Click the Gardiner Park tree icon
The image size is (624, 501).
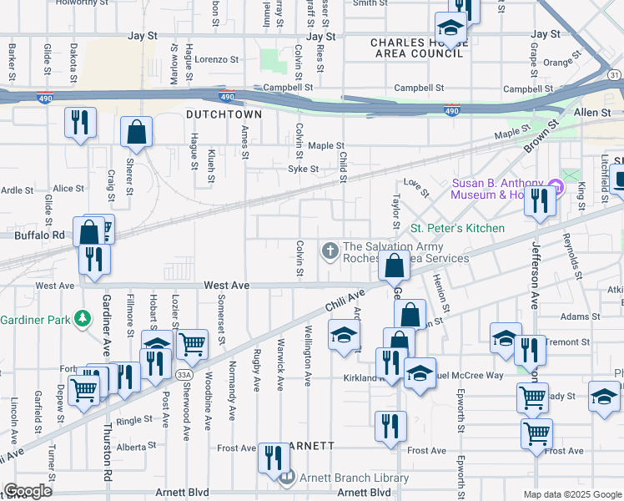point(82,318)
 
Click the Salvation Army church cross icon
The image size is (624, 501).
point(330,250)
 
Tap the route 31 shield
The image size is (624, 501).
point(614,74)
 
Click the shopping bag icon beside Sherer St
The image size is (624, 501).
point(136,133)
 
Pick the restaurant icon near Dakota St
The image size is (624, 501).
point(81,123)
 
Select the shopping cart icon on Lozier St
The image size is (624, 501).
point(193,342)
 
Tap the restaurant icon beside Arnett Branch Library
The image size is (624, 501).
point(273,458)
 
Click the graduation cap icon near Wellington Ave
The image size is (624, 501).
point(342,337)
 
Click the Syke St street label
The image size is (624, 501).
point(303,169)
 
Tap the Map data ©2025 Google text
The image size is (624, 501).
point(571,494)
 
